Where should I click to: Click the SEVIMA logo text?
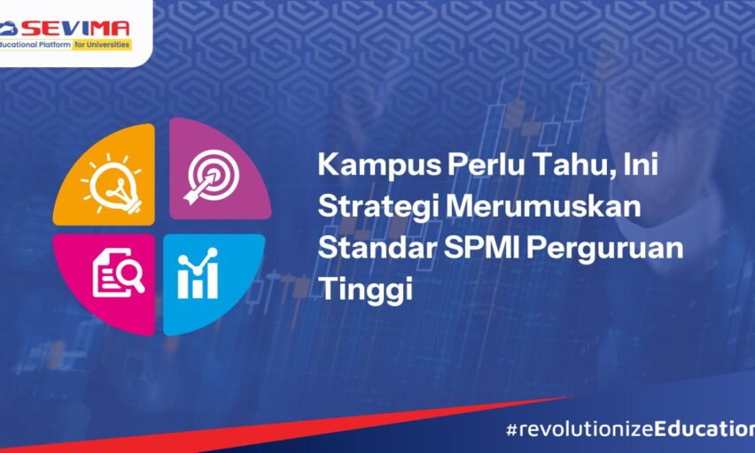(x=75, y=29)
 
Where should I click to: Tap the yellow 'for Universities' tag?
(x=102, y=45)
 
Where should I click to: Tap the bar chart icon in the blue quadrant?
(x=198, y=273)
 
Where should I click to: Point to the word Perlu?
(x=486, y=164)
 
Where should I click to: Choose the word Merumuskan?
(x=543, y=206)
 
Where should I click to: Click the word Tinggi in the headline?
(x=366, y=290)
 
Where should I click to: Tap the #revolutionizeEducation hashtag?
(x=630, y=429)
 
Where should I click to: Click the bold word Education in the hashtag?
(x=704, y=429)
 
